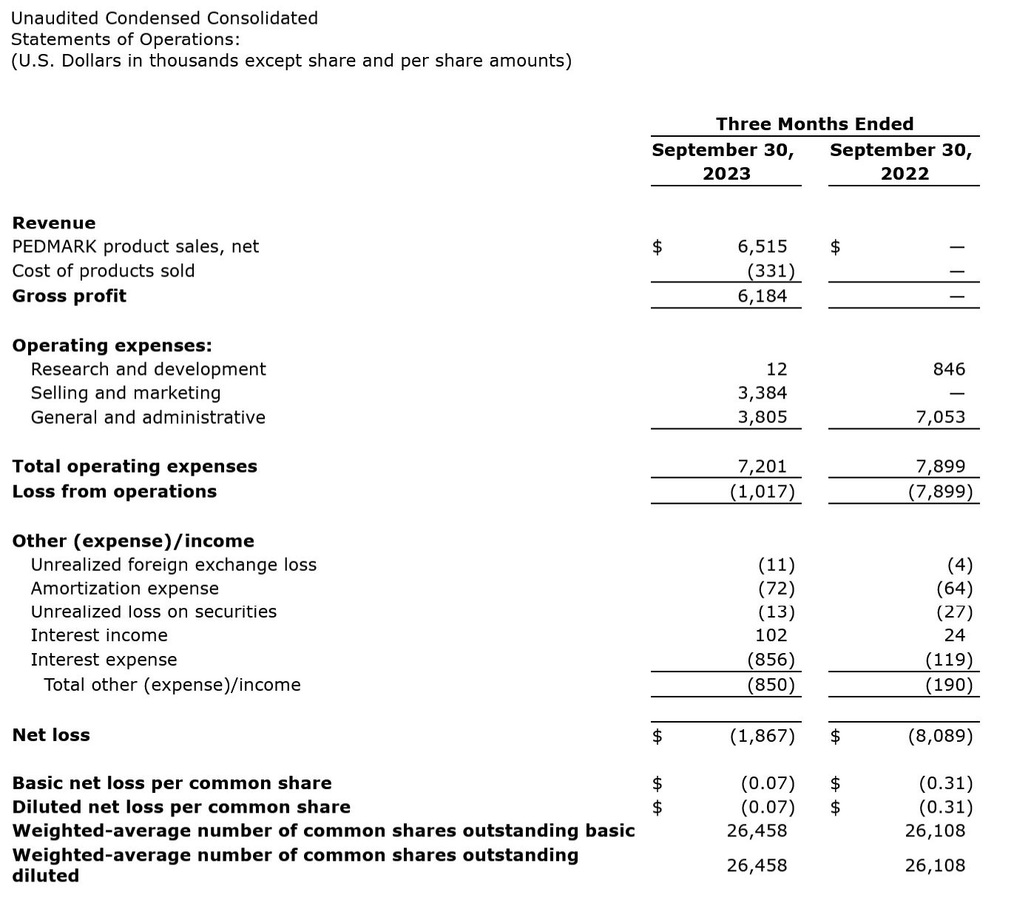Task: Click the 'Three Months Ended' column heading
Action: [x=814, y=124]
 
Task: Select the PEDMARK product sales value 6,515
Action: [x=762, y=246]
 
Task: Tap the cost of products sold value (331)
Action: [x=771, y=271]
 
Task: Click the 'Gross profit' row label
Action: [x=70, y=296]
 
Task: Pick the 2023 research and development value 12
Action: [x=777, y=369]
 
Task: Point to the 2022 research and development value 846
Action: [x=949, y=369]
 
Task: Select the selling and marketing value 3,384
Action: [x=762, y=393]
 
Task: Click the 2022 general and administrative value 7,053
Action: [x=940, y=417]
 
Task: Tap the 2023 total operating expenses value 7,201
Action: [x=762, y=466]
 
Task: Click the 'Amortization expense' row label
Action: [x=125, y=588]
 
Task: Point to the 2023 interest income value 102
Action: [x=771, y=635]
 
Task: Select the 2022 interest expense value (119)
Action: [x=949, y=659]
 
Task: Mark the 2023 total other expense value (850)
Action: [x=771, y=684]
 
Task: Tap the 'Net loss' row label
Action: [x=51, y=735]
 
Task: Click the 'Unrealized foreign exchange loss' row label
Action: [x=174, y=564]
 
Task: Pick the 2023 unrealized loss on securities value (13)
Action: [x=776, y=612]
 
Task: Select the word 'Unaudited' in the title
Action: [x=55, y=18]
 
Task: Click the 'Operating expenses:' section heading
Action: [x=112, y=345]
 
